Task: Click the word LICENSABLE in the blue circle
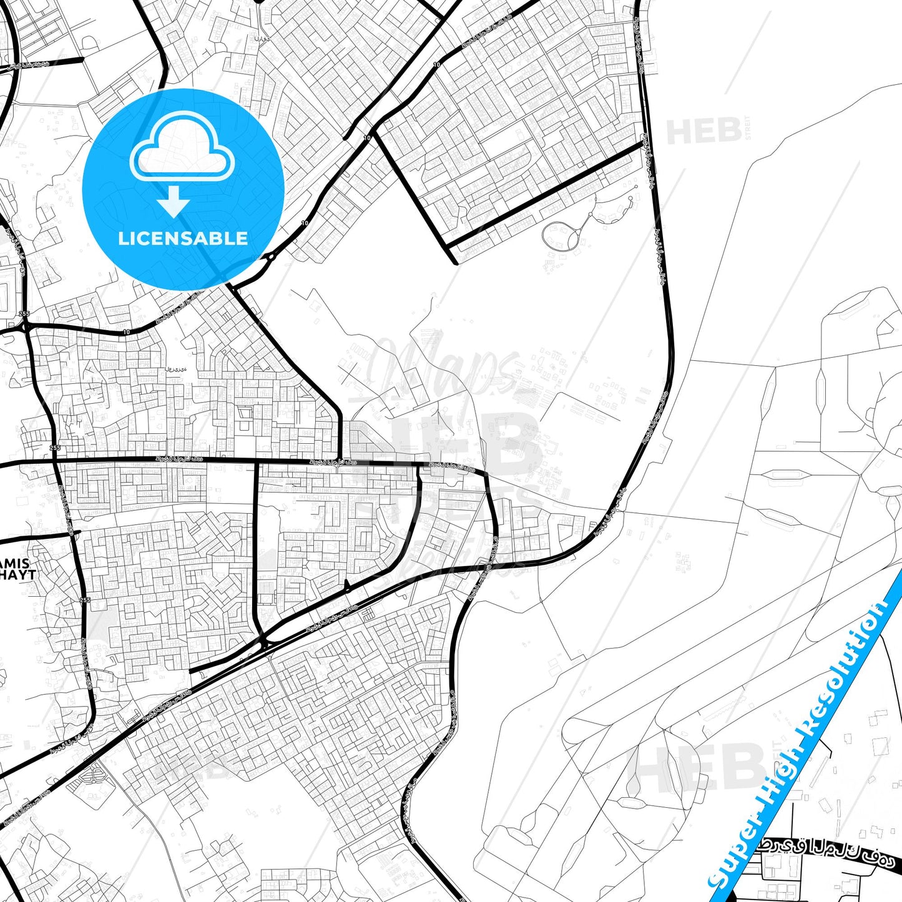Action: (183, 238)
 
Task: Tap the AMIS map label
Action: (15, 563)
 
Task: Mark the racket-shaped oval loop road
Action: (560, 237)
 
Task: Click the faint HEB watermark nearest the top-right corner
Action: (704, 132)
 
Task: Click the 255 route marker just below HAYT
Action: (85, 600)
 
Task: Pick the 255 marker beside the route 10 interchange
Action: (24, 313)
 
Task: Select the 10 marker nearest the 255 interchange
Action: (127, 331)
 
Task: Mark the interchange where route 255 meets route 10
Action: (25, 326)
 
